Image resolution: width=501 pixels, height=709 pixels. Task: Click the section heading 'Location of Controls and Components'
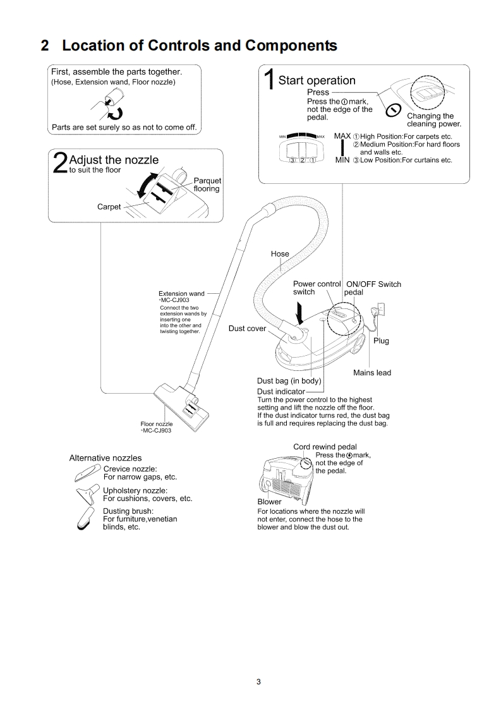pos(199,46)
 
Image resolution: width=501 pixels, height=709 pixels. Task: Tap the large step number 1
pos(269,82)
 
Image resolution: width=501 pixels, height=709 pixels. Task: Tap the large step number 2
pos(59,162)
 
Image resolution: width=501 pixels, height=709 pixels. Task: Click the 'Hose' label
pos(280,254)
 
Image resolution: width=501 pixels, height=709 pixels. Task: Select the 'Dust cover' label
pos(247,329)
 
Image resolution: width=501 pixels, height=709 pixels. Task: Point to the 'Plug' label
pos(381,341)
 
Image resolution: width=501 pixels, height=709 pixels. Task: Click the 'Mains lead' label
pos(372,373)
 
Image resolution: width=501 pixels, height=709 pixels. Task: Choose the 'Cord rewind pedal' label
pos(325,447)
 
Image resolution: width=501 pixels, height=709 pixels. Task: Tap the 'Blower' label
pos(269,502)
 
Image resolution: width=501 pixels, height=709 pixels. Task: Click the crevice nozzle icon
pos(87,472)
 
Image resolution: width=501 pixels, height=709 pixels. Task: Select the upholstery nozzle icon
pos(87,493)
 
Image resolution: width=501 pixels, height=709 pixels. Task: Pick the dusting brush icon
pos(87,518)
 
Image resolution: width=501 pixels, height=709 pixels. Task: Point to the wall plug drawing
pos(381,312)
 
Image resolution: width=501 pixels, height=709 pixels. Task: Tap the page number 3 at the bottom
pos(258,681)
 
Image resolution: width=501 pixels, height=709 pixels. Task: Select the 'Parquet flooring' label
pos(207,185)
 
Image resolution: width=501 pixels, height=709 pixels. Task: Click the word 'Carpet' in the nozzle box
pos(109,207)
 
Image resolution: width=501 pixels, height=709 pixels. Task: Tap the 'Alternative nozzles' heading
pos(106,458)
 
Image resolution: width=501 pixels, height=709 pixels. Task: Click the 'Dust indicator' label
pos(281,392)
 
